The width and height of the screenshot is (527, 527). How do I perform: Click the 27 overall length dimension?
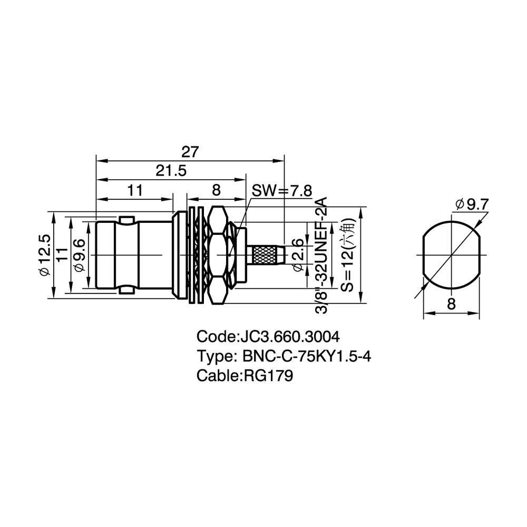(190, 152)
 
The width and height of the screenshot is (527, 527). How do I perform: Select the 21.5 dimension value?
(171, 171)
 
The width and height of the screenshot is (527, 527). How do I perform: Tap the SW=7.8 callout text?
(282, 191)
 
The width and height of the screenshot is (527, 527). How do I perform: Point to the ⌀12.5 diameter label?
(45, 255)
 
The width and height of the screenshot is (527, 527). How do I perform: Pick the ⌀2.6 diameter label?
(298, 255)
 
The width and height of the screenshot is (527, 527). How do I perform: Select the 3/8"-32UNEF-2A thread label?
(321, 256)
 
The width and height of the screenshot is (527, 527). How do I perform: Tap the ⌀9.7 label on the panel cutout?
(472, 204)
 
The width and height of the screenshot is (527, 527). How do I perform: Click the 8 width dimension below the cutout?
(452, 304)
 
